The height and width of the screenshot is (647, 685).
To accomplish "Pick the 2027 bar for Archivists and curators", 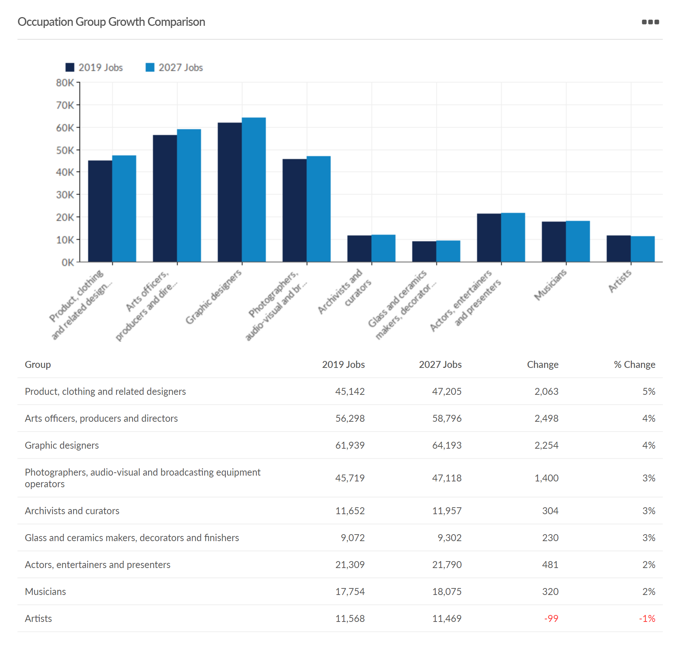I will pyautogui.click(x=383, y=248).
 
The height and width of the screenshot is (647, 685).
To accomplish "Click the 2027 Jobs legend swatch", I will pyautogui.click(x=150, y=67).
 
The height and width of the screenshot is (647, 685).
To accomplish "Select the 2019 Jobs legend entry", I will pyautogui.click(x=94, y=67).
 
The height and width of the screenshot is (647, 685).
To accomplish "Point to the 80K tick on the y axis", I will pyautogui.click(x=65, y=83).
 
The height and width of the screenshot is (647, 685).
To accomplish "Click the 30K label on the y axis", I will pyautogui.click(x=65, y=195).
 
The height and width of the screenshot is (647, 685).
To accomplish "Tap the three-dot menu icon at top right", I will pyautogui.click(x=650, y=22).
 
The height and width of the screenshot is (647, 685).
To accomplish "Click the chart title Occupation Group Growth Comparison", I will pyautogui.click(x=111, y=22).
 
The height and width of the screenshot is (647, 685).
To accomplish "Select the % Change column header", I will pyautogui.click(x=634, y=365).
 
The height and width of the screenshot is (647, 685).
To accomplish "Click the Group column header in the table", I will pyautogui.click(x=38, y=365).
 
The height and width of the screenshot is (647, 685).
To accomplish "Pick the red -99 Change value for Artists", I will pyautogui.click(x=551, y=619).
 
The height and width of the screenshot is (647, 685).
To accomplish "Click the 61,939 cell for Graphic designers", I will pyautogui.click(x=350, y=445).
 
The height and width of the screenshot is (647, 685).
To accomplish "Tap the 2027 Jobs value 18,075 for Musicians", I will pyautogui.click(x=446, y=592).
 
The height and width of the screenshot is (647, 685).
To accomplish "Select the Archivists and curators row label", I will pyautogui.click(x=72, y=511).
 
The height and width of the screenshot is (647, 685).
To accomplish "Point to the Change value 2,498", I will pyautogui.click(x=546, y=418).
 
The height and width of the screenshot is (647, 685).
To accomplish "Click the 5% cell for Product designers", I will pyautogui.click(x=649, y=392).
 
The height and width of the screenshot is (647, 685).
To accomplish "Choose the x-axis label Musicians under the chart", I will pyautogui.click(x=550, y=285).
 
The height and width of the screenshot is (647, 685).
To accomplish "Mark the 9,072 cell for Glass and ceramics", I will pyautogui.click(x=353, y=538).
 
